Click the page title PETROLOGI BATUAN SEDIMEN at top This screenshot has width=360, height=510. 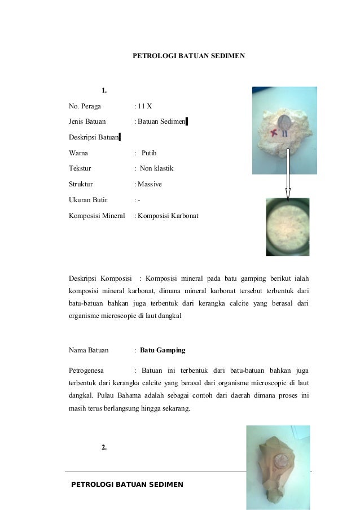(x=188, y=56)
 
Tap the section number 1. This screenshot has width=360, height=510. (x=104, y=90)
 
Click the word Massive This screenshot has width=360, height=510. (x=150, y=184)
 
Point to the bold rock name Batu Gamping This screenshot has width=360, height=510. (x=163, y=350)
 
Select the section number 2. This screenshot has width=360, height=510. (x=104, y=447)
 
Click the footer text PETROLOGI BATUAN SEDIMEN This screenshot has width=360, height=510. (x=127, y=485)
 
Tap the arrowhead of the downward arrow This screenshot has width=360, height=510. (x=287, y=194)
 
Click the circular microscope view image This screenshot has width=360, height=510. (x=288, y=226)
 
